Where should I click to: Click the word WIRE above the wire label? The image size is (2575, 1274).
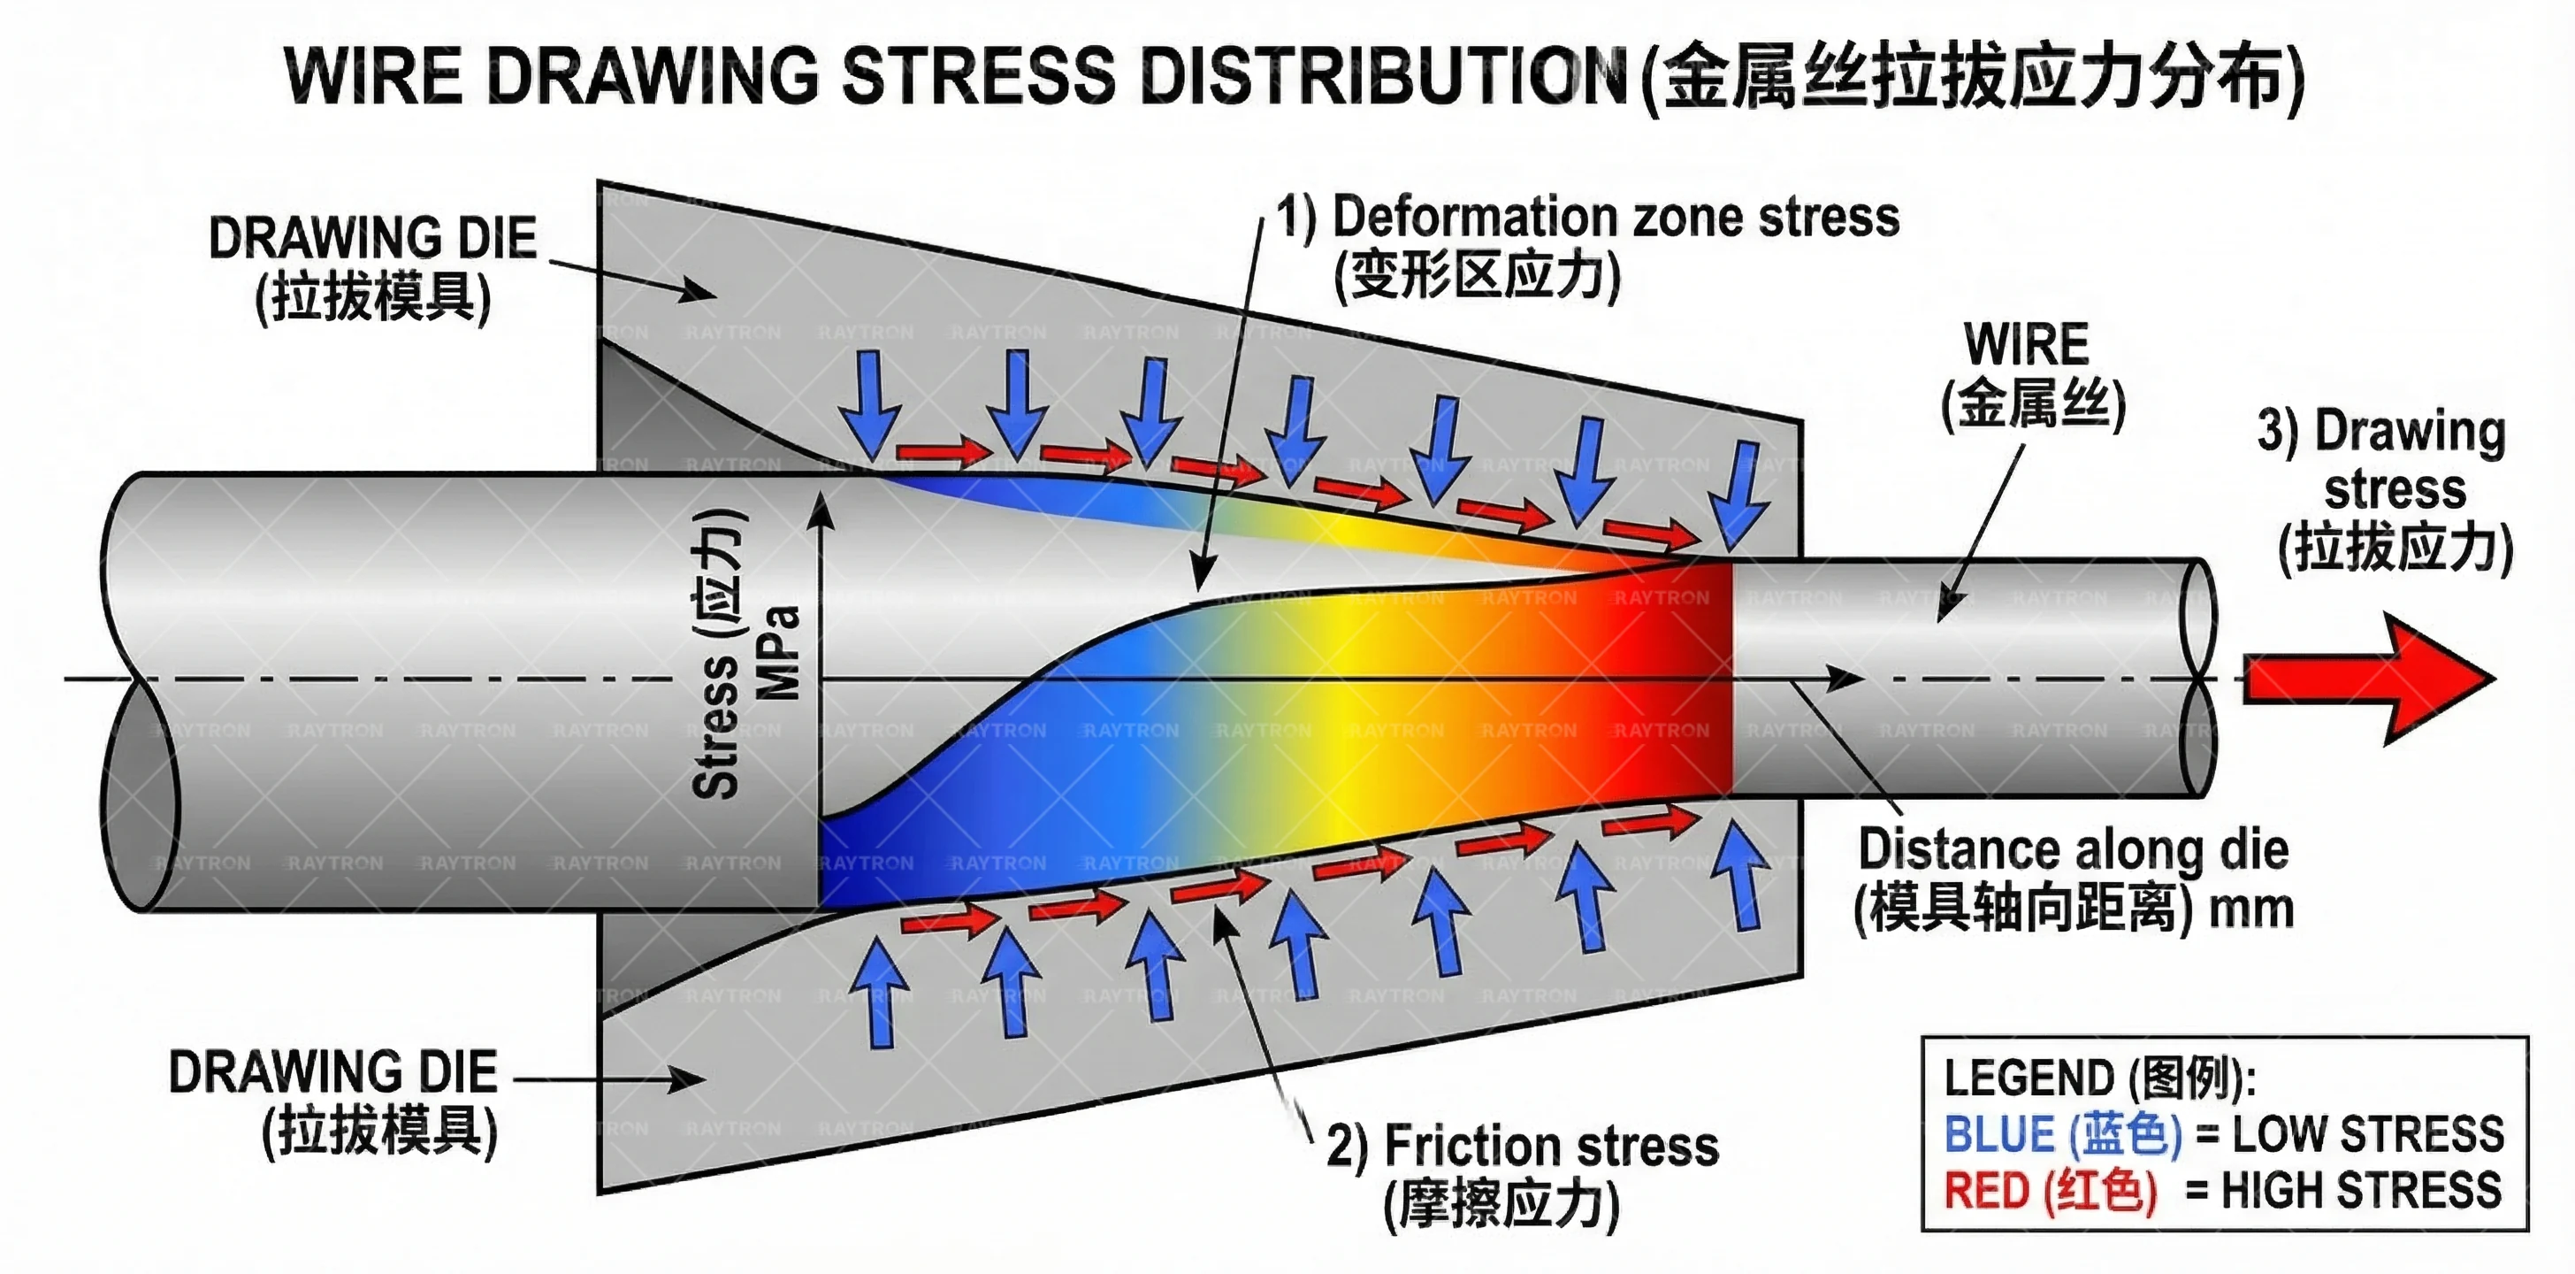coord(2026,345)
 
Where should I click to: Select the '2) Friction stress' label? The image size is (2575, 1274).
coord(1523,1146)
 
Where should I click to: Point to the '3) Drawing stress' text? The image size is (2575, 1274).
coord(2394,460)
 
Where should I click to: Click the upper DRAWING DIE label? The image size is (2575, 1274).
coord(372,239)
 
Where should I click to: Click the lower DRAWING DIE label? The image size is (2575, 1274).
coord(332,1073)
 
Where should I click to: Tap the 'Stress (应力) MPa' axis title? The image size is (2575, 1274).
coord(745,655)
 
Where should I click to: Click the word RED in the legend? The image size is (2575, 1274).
coord(1985,1191)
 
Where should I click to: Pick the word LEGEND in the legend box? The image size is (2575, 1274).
coord(2030,1078)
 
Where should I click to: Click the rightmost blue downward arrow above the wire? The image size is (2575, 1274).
coord(1740,495)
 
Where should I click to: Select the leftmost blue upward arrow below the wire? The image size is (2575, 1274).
coord(880,990)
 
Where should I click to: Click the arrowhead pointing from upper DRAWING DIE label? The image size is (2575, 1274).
coord(699,291)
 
